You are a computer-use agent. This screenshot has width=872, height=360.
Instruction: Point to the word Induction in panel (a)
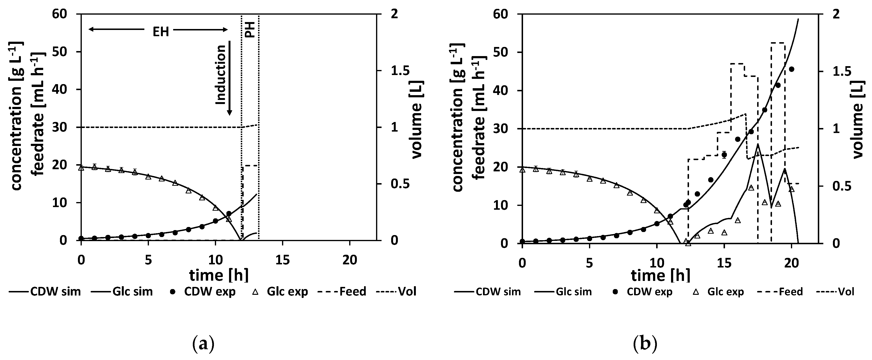220,75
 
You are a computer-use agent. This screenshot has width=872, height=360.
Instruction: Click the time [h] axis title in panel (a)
219,275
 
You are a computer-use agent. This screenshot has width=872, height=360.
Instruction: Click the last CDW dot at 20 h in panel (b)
791,69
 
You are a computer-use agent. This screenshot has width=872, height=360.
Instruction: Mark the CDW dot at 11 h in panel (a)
229,214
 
